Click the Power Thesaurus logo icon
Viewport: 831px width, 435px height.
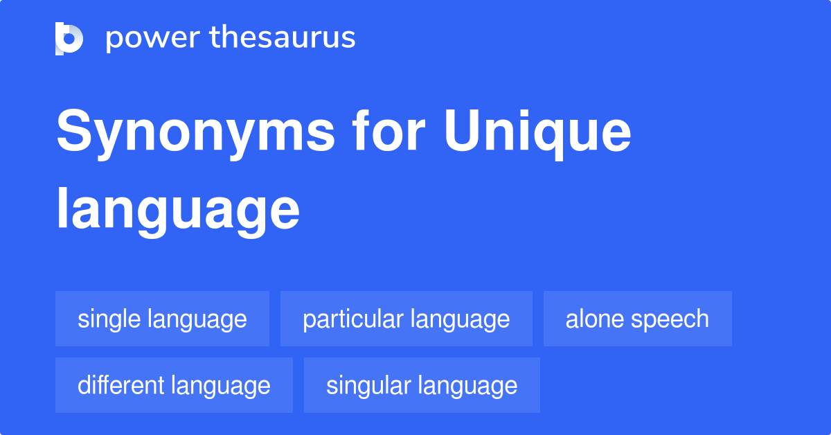click(x=69, y=39)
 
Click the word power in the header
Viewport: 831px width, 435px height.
click(x=153, y=38)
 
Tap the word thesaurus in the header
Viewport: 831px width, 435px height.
click(x=283, y=37)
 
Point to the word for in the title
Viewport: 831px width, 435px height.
click(x=388, y=130)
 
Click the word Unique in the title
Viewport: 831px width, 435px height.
click(x=537, y=134)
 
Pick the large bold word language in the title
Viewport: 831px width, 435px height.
click(x=178, y=211)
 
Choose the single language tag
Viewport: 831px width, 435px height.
click(x=162, y=319)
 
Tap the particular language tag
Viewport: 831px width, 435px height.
click(x=406, y=319)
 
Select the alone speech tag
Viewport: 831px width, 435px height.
click(x=637, y=319)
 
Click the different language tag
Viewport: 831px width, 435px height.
click(x=174, y=385)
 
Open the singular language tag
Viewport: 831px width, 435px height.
click(x=422, y=385)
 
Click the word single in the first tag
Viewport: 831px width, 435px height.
click(x=109, y=320)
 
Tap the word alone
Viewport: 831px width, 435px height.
click(x=595, y=319)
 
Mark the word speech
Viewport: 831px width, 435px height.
click(x=670, y=320)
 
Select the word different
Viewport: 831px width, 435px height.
click(x=120, y=385)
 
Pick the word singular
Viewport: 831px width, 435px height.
click(x=368, y=387)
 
